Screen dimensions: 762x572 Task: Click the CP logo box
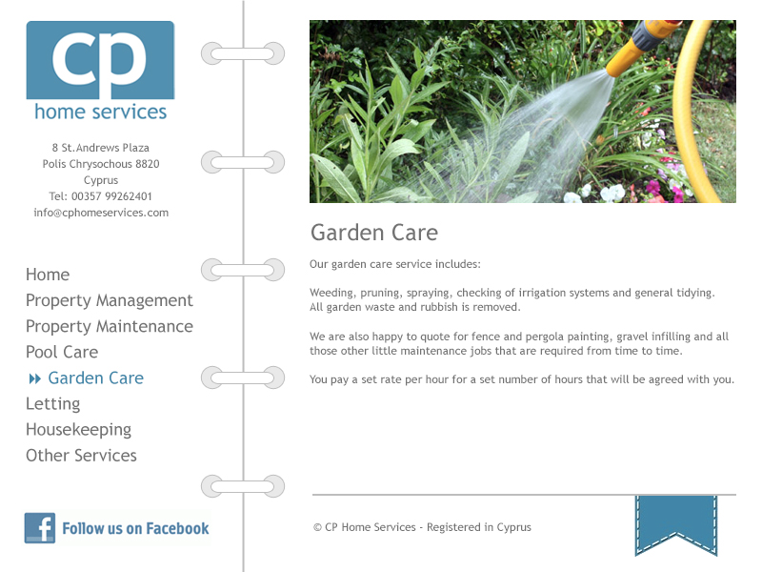[x=100, y=60]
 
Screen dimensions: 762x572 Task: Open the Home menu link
[x=48, y=275]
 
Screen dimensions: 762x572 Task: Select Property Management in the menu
[x=110, y=300]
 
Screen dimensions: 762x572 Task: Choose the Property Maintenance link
[x=110, y=326]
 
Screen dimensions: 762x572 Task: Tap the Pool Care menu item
[x=62, y=352]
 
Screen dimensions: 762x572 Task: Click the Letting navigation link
[x=53, y=403]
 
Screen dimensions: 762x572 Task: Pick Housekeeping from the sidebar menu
[x=79, y=430]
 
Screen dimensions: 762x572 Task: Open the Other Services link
[x=81, y=456]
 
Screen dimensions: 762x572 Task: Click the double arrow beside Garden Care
[x=35, y=378]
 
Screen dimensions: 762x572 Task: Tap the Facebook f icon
[x=40, y=528]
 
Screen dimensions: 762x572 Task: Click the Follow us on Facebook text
[x=135, y=528]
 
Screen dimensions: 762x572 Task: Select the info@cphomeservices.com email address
[x=101, y=213]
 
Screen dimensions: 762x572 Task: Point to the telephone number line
[x=101, y=196]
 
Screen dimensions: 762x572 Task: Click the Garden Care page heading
[x=374, y=233]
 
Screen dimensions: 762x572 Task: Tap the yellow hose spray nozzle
[x=640, y=46]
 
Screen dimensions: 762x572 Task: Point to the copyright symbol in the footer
[x=317, y=527]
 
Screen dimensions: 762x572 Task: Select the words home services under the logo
[x=101, y=112]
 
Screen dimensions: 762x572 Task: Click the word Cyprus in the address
[x=101, y=180]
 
